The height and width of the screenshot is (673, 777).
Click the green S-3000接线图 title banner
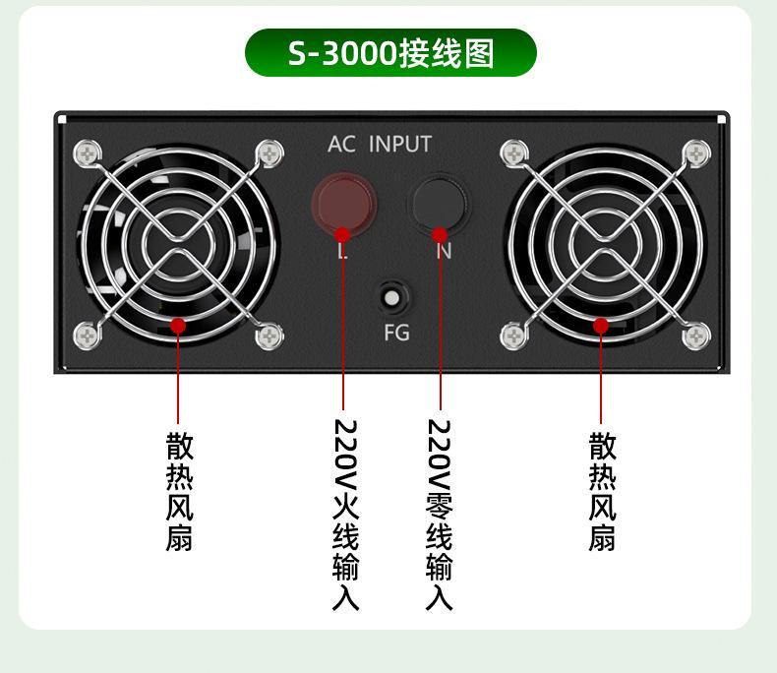[x=390, y=53]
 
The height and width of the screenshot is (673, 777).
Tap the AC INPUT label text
[x=380, y=145]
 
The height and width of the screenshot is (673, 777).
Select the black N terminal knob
[x=440, y=200]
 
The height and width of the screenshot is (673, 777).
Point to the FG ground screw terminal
[x=392, y=297]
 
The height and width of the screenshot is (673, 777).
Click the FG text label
[x=395, y=333]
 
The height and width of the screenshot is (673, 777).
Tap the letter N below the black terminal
[x=444, y=253]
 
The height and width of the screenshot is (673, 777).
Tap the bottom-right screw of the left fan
[x=269, y=336]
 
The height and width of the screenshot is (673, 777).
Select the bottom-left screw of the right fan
[x=513, y=336]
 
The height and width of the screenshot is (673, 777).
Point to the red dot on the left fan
[x=178, y=325]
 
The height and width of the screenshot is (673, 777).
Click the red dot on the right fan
[x=602, y=325]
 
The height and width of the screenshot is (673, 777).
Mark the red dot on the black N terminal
[x=440, y=234]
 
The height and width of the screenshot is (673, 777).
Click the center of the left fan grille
[x=179, y=244]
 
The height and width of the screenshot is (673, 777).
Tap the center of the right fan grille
[x=605, y=244]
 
